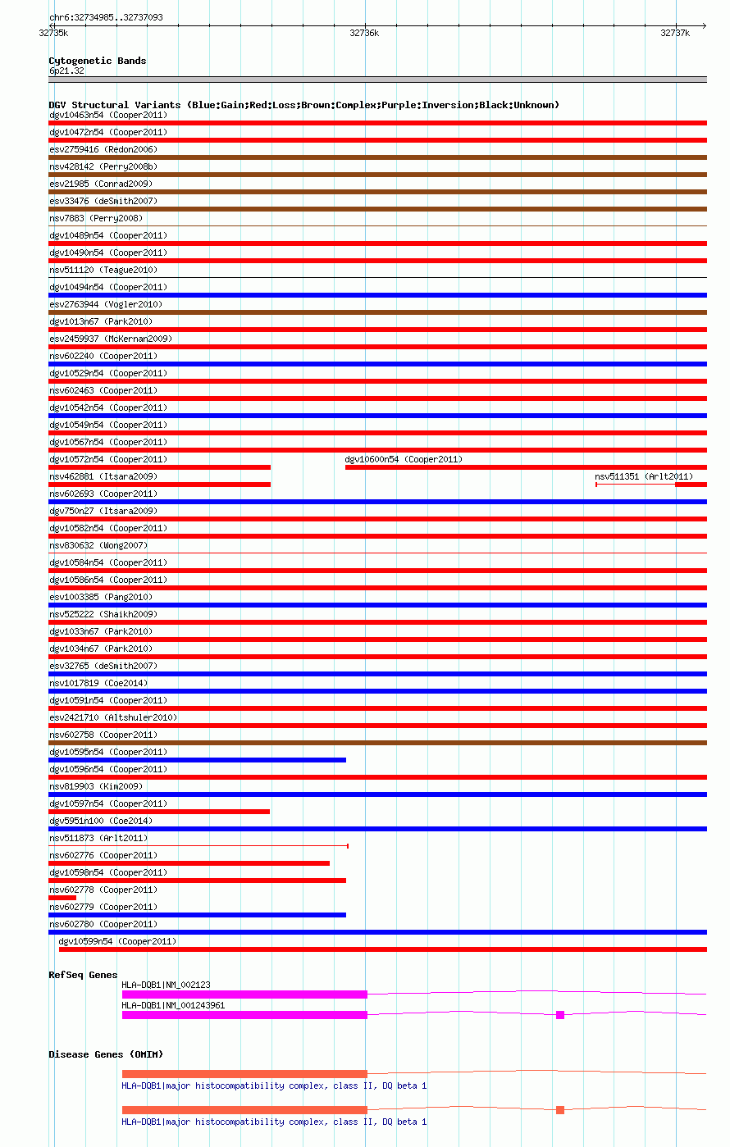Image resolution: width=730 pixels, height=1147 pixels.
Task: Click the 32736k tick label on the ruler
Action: pyautogui.click(x=364, y=33)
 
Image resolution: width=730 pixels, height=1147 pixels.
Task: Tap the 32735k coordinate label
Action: pyautogui.click(x=53, y=33)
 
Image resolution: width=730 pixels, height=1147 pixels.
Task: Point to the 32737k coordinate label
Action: pyautogui.click(x=675, y=33)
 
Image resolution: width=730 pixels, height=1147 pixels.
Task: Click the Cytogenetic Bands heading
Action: pyautogui.click(x=97, y=61)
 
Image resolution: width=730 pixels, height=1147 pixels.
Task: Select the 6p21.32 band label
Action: pyautogui.click(x=66, y=71)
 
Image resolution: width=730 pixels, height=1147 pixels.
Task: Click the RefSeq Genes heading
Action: pyautogui.click(x=83, y=975)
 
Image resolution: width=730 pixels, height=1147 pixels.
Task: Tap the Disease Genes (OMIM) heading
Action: pyautogui.click(x=99, y=1054)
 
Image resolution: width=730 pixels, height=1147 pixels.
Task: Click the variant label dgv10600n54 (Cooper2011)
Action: pyautogui.click(x=404, y=459)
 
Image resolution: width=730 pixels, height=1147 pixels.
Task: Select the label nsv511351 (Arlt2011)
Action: pyautogui.click(x=644, y=476)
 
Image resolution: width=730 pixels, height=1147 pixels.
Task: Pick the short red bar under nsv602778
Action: pyautogui.click(x=62, y=898)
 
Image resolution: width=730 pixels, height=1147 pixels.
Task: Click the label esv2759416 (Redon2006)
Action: pyautogui.click(x=103, y=149)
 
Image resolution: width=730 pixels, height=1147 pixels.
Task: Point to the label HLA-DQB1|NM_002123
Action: pyautogui.click(x=168, y=985)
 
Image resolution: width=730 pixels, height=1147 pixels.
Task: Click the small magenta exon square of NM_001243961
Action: pyautogui.click(x=560, y=1015)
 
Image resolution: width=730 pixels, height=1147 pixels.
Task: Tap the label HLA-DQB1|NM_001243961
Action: pyautogui.click(x=173, y=1005)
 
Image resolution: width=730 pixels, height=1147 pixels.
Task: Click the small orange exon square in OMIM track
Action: pyautogui.click(x=560, y=1110)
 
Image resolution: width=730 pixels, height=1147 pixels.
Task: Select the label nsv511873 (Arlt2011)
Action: pyautogui.click(x=98, y=838)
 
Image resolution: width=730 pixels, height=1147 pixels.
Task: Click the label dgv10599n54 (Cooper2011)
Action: pyautogui.click(x=117, y=941)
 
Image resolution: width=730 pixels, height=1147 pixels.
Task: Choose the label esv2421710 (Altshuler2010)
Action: pyautogui.click(x=113, y=717)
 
